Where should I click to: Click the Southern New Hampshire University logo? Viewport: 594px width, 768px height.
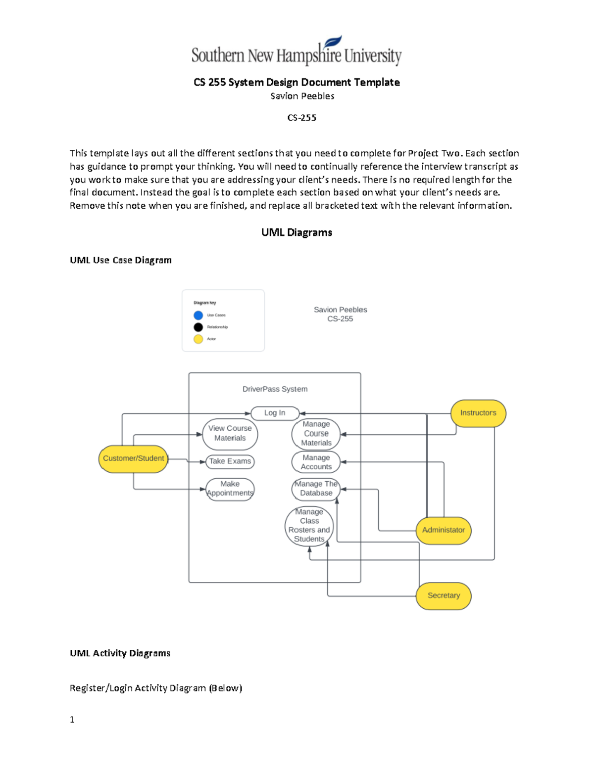297,52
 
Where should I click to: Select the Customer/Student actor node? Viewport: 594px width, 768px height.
133,458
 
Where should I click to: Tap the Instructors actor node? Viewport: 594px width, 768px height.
478,413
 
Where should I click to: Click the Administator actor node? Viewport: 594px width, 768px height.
443,530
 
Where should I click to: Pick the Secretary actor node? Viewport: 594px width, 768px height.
443,595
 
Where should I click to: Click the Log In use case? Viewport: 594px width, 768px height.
275,413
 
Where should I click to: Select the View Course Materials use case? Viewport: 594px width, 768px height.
230,433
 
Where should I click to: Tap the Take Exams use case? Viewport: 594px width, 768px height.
230,461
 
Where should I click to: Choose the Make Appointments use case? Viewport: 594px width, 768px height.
230,489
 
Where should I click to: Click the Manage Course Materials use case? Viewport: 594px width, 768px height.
316,434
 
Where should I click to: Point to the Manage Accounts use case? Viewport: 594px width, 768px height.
316,462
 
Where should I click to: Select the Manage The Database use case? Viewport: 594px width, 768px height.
316,489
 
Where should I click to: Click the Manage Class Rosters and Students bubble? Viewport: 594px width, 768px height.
309,526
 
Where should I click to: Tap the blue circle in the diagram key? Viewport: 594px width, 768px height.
198,315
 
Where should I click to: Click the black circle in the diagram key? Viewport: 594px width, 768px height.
198,327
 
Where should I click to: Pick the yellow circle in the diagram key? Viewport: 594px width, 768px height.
198,339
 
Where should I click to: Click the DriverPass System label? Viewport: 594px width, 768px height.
275,389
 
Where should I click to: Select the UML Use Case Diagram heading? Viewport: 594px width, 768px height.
121,260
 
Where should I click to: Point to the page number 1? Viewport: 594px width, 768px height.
72,720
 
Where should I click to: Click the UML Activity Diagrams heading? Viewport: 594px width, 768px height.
120,653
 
